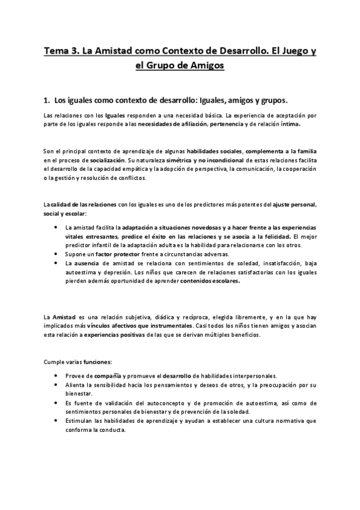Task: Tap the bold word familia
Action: tap(305, 152)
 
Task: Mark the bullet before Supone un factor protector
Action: tap(55, 254)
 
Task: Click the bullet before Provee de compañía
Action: tap(55, 375)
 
